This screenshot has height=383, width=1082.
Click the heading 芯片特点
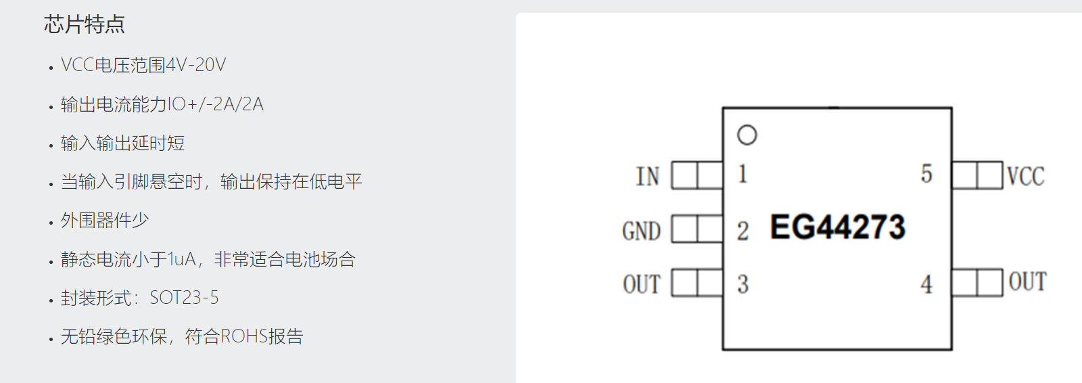(85, 25)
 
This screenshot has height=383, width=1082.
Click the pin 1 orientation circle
(747, 135)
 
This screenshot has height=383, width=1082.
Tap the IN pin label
(647, 177)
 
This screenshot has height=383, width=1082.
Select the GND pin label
(641, 231)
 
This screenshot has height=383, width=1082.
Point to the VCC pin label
(1025, 177)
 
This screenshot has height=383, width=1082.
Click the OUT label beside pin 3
(641, 284)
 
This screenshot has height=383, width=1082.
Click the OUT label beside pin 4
(1027, 281)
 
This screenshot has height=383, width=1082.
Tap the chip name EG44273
(837, 227)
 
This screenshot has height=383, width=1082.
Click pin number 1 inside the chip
(743, 174)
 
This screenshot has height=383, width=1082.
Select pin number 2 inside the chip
(743, 231)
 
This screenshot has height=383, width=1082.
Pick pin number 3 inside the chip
(743, 284)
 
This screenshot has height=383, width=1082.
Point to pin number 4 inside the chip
(926, 284)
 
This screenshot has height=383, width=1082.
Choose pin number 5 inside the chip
(926, 174)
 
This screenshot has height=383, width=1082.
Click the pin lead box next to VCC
(977, 175)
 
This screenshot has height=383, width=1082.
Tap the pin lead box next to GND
(697, 229)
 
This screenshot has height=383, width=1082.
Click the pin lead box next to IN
(697, 175)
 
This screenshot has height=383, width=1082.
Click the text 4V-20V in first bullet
(195, 65)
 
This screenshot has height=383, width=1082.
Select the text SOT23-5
(184, 298)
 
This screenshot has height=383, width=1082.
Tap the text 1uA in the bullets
(182, 259)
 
